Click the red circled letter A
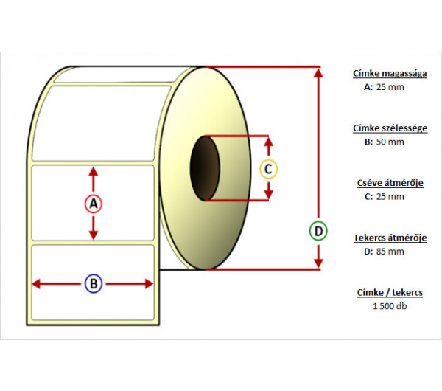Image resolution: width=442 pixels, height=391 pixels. [93, 203]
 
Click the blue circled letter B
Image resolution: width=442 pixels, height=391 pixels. [93, 283]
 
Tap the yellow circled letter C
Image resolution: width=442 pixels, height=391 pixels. [269, 169]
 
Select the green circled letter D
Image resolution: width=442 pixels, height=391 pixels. [318, 232]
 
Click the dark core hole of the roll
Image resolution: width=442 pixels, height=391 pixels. [205, 168]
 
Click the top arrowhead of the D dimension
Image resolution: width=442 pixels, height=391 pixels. [318, 72]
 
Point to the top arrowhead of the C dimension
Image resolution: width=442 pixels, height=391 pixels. [269, 140]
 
